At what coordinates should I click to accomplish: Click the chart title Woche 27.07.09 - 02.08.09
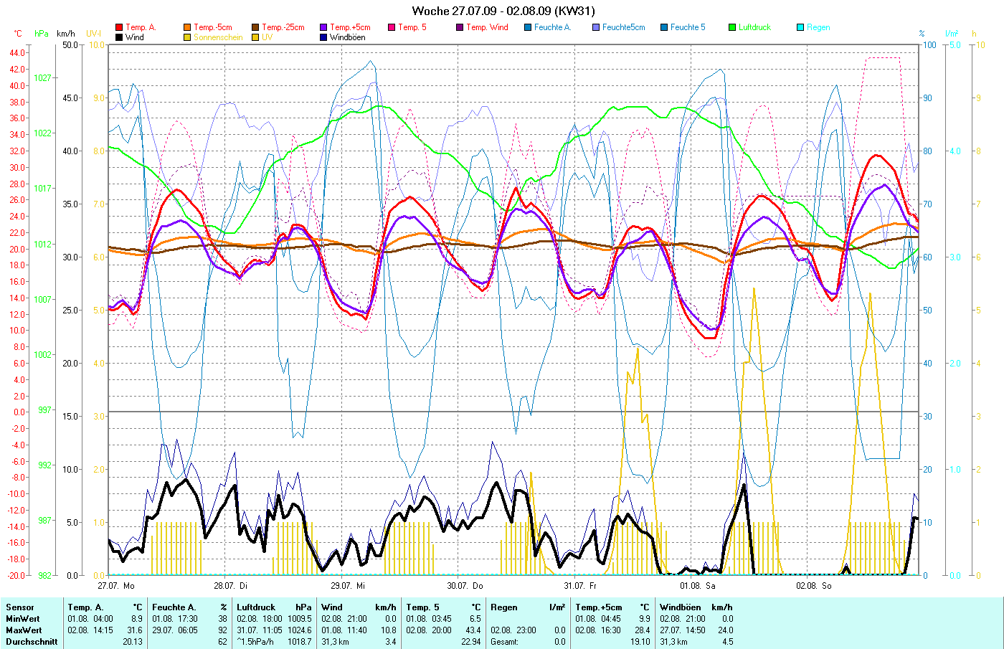tap(503, 11)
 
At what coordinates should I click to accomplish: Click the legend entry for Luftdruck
tap(754, 27)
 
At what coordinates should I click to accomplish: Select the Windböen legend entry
tap(347, 37)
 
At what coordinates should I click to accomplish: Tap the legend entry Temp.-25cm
tap(283, 27)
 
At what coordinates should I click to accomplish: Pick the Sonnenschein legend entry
tap(217, 37)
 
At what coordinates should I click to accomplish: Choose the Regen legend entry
tap(818, 27)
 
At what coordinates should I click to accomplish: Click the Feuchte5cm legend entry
tap(623, 27)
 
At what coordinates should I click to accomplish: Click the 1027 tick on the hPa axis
tap(43, 77)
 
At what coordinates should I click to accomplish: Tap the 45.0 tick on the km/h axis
tap(70, 98)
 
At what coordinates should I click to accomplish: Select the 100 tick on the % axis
tap(929, 45)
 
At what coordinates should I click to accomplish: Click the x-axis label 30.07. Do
tap(465, 586)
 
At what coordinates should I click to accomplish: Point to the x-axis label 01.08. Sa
tap(698, 586)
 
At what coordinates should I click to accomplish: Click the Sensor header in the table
tap(20, 607)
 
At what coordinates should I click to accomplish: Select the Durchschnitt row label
tap(32, 642)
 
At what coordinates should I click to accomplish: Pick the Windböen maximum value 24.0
tap(725, 630)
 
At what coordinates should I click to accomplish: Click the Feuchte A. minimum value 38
tap(222, 619)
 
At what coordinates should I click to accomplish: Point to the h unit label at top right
tap(974, 34)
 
